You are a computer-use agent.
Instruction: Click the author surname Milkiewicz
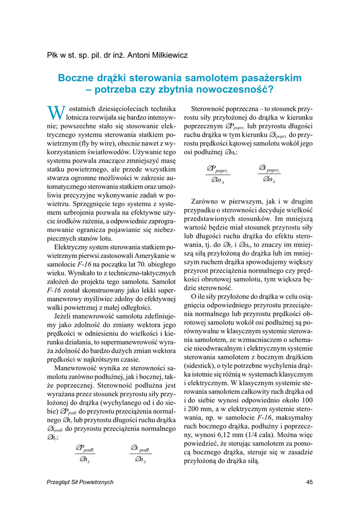(169, 55)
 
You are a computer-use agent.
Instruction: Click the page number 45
(309, 482)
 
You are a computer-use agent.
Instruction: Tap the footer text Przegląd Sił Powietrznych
(79, 482)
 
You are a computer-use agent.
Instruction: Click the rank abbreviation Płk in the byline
(53, 55)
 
